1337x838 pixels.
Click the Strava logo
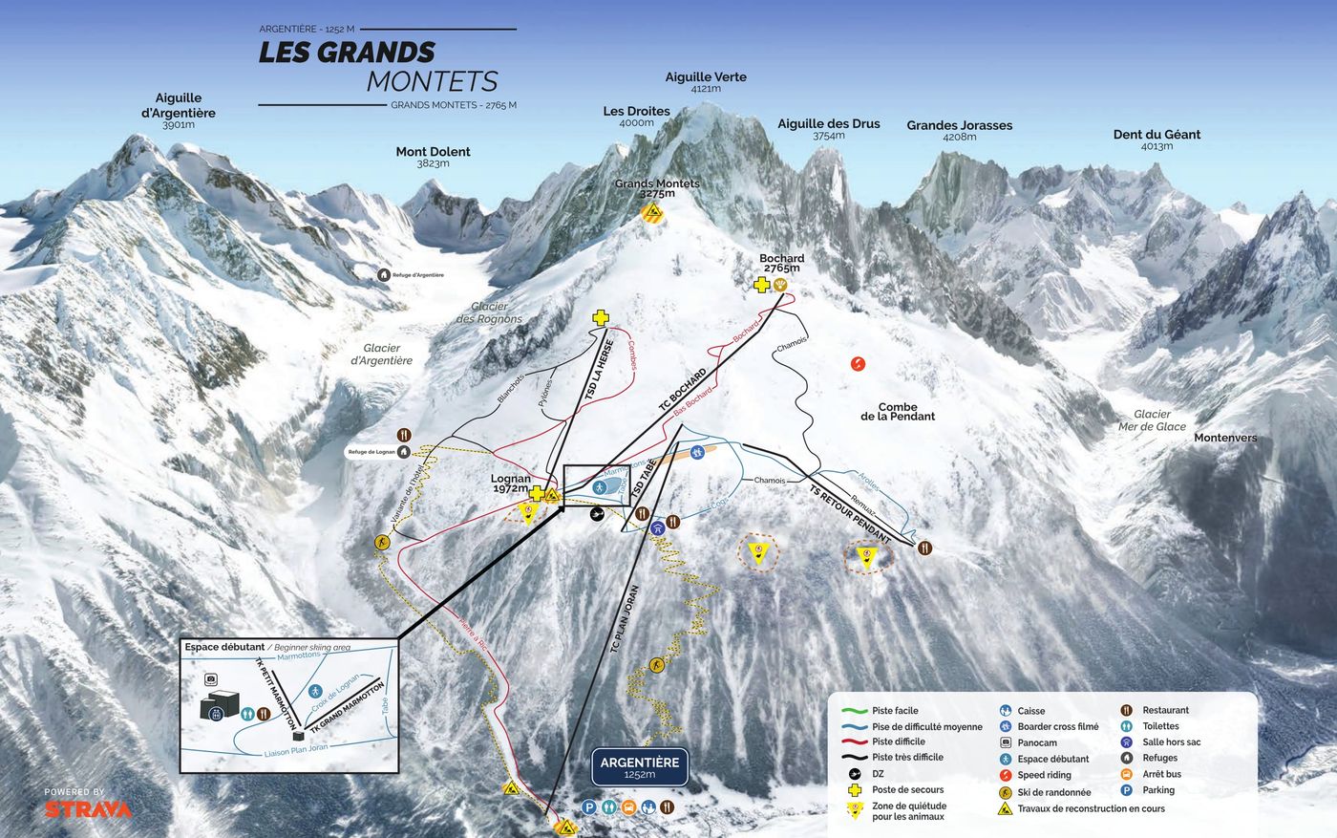[88, 808]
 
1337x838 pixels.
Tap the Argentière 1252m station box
[639, 766]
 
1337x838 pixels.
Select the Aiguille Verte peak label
[706, 77]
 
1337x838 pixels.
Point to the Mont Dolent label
[433, 152]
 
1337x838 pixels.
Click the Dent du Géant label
[1156, 135]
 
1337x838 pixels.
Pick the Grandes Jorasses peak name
[959, 125]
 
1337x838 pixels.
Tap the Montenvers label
[1225, 438]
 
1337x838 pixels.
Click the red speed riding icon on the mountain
[858, 363]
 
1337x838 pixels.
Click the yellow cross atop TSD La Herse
[600, 318]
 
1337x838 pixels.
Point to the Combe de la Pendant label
[897, 411]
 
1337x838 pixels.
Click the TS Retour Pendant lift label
[850, 514]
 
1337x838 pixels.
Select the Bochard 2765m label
[781, 263]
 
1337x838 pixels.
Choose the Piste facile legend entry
[895, 711]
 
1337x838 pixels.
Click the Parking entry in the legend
[1157, 790]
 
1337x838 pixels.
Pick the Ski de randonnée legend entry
[1053, 792]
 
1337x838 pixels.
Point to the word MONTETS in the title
[432, 81]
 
